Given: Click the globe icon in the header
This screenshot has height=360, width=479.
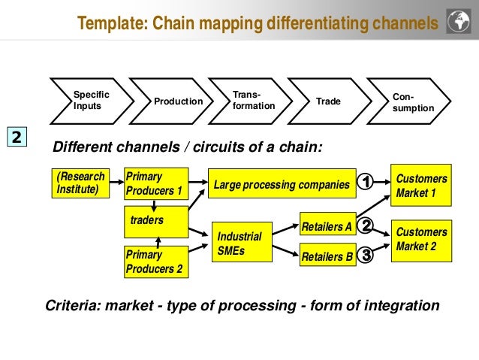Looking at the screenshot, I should (457, 23).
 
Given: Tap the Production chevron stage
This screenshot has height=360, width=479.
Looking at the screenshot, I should (176, 101).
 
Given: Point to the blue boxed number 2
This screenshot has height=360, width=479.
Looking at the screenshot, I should (17, 138).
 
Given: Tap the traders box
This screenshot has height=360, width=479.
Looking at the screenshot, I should (154, 220).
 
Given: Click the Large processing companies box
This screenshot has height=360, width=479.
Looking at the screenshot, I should (282, 184).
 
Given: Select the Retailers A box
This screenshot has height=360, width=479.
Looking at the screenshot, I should (327, 225).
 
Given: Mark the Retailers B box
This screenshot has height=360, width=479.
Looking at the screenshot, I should (327, 256).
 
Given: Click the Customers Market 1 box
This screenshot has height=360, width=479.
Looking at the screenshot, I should (421, 185).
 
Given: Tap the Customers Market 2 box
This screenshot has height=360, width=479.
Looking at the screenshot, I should (421, 240).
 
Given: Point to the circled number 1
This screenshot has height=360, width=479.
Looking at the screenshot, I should (365, 183).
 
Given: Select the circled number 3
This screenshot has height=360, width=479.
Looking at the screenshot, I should (366, 256).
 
